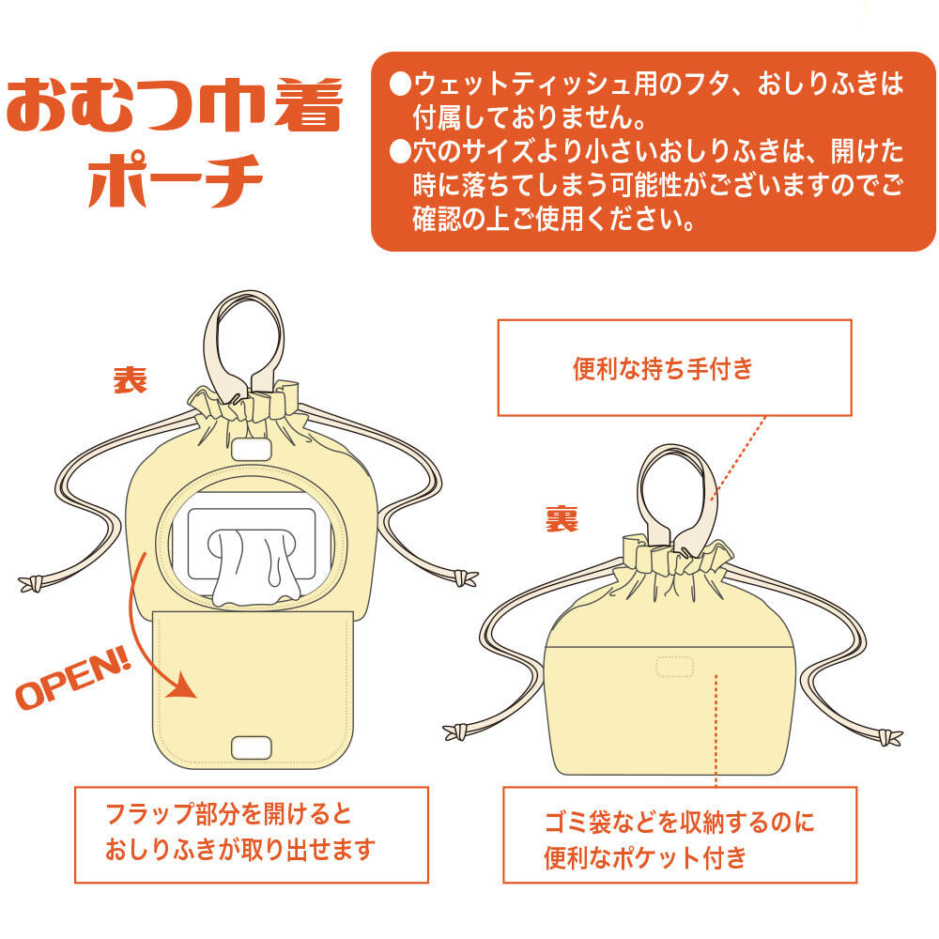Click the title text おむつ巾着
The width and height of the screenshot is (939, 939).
[x=175, y=105]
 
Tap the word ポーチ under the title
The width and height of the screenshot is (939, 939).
[x=175, y=180]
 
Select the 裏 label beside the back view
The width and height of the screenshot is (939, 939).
[x=562, y=518]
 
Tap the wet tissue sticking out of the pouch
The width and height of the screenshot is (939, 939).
[x=255, y=566]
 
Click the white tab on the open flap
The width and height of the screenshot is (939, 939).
[x=252, y=747]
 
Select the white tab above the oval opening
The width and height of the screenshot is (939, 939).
[x=252, y=449]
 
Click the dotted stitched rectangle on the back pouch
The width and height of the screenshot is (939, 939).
[x=675, y=666]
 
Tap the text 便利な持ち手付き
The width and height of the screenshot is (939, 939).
[x=663, y=368]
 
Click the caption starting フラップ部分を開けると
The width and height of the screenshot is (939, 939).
[x=240, y=832]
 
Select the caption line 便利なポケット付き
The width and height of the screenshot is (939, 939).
[x=645, y=857]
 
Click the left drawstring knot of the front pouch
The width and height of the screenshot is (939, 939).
[x=31, y=583]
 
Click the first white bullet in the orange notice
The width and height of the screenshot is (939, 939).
[x=399, y=84]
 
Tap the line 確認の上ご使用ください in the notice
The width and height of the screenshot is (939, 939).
[x=553, y=219]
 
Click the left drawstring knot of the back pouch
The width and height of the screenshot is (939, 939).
[x=455, y=731]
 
